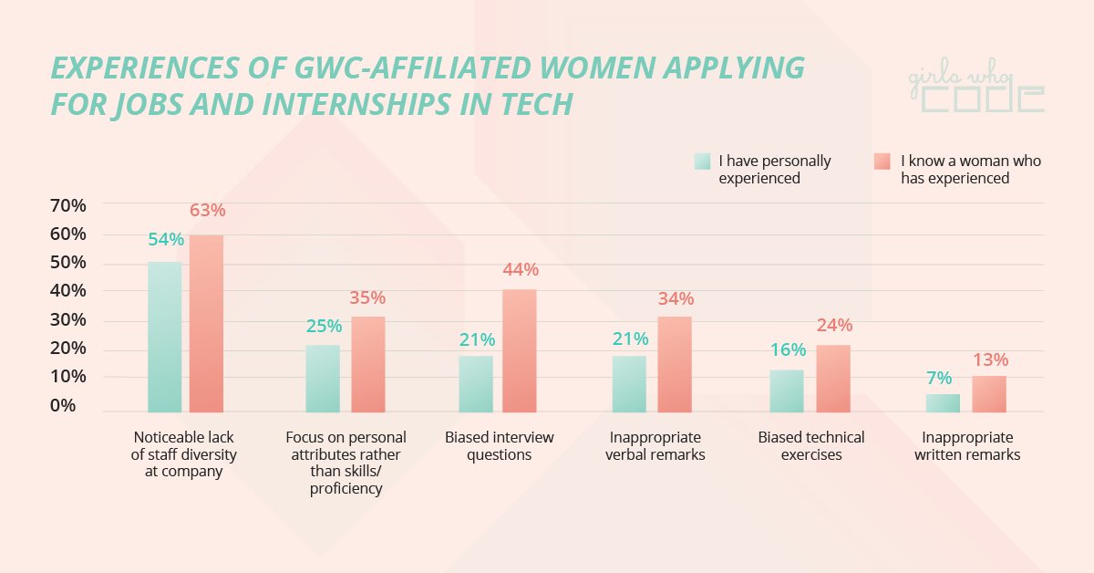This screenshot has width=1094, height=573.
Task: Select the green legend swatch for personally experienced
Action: tap(702, 161)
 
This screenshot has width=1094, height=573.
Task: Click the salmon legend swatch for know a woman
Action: tap(882, 161)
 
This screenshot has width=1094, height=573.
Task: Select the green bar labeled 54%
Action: tap(164, 337)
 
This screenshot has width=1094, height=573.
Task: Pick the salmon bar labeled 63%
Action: tap(206, 323)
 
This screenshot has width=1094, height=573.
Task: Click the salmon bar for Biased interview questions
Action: tap(519, 350)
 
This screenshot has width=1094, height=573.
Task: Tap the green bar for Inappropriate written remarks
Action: tap(943, 402)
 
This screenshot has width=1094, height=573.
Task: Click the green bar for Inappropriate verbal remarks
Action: tap(629, 383)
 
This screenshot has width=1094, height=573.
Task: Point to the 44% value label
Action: tap(520, 270)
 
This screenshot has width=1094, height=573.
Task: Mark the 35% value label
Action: tap(367, 298)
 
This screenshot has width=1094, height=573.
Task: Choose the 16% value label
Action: tap(788, 350)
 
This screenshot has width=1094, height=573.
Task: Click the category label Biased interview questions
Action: tap(499, 446)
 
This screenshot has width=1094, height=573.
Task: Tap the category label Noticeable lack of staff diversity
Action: tap(185, 454)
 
